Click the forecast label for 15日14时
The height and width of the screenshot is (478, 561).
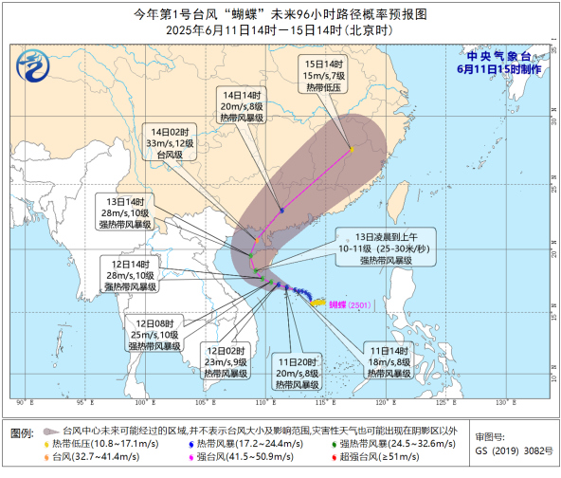(321, 75)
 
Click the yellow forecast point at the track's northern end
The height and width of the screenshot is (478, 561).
(351, 149)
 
